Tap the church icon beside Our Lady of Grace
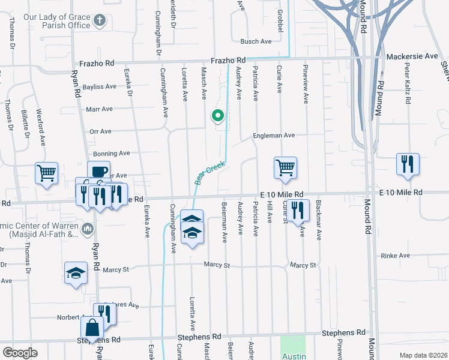[x=100, y=21]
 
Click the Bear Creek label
[x=209, y=172]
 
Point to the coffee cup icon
[x=98, y=171]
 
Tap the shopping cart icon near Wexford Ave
[x=47, y=173]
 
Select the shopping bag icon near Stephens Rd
[x=92, y=328]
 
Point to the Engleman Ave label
[x=274, y=136]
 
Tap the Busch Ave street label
[x=256, y=41]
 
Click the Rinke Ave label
[x=395, y=256]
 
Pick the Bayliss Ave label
[x=100, y=86]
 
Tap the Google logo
[x=20, y=352]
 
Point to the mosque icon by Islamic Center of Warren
[x=88, y=228]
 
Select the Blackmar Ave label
[x=319, y=220]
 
